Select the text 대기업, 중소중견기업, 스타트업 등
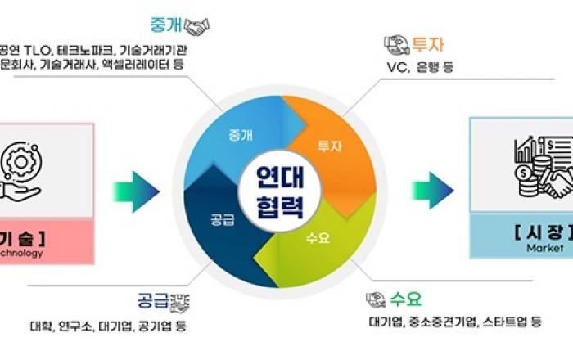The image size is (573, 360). pyautogui.click(x=455, y=322)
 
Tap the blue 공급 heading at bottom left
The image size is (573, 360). pyautogui.click(x=153, y=300)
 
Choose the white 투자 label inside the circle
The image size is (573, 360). pyautogui.click(x=329, y=147)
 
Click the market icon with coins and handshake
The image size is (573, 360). pyautogui.click(x=540, y=168)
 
